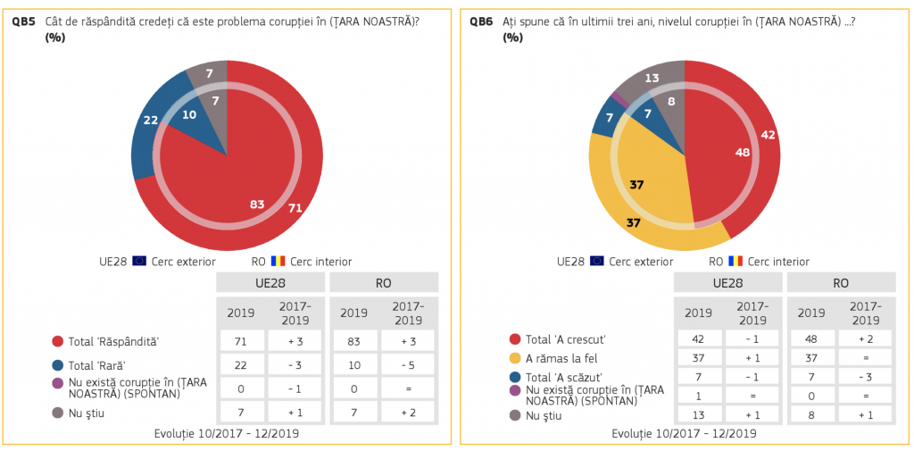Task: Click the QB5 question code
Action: tap(24, 21)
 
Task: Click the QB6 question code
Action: tap(481, 21)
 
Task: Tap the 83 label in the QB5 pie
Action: tap(257, 205)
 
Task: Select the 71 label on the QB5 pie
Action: tap(295, 208)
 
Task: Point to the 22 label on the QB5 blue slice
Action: tap(150, 121)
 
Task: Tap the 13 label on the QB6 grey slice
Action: tap(652, 79)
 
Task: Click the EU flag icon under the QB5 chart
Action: tap(139, 262)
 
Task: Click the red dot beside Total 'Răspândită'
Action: tap(58, 341)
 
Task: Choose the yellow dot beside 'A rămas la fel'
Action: tap(515, 358)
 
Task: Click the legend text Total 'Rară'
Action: tap(96, 364)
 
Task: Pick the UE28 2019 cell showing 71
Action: tap(242, 341)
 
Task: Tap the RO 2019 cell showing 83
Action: tap(354, 341)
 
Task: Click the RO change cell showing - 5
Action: tap(407, 364)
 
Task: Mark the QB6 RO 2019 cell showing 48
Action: tap(811, 339)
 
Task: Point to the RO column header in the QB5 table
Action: tap(383, 283)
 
